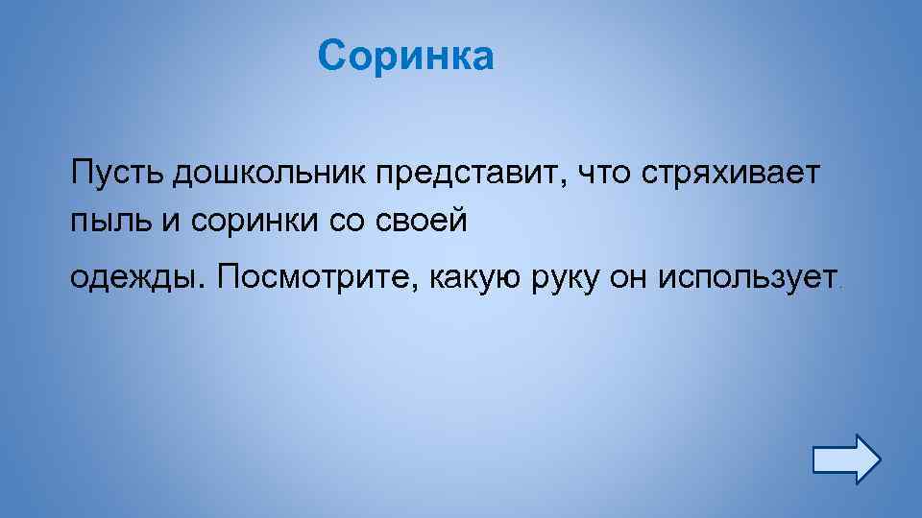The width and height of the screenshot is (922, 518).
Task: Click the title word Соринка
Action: coord(405,56)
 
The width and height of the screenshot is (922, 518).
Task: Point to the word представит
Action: coord(465,175)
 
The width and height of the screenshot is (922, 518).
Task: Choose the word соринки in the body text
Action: coord(252,221)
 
